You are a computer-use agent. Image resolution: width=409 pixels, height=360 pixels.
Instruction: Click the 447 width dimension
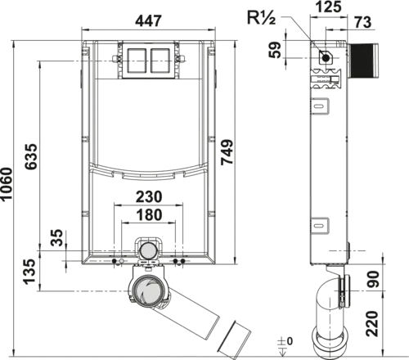(149, 20)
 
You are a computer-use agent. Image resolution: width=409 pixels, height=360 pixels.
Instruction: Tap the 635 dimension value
(30, 156)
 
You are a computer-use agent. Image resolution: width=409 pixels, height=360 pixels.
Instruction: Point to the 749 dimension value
(227, 152)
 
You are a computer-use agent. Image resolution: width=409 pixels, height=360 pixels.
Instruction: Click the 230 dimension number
(149, 196)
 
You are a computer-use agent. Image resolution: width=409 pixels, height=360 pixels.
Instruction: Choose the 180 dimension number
(149, 214)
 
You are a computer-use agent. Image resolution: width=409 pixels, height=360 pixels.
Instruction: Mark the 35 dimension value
(57, 237)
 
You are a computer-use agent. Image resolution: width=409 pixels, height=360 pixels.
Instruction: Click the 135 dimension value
(29, 272)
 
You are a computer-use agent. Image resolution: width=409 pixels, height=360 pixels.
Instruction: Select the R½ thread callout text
(261, 18)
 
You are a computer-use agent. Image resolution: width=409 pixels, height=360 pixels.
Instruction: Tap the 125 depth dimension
(329, 7)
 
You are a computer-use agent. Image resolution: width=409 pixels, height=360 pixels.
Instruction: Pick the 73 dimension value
(363, 22)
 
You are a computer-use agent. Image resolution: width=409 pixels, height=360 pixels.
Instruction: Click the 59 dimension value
(275, 49)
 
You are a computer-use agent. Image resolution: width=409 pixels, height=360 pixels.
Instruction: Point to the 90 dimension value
(373, 279)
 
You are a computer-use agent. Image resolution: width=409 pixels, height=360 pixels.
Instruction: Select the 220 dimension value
(372, 323)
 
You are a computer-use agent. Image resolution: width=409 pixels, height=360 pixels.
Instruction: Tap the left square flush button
(137, 61)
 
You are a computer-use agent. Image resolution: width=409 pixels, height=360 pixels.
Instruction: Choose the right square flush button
(160, 61)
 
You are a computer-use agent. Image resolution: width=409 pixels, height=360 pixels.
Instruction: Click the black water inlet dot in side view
(326, 58)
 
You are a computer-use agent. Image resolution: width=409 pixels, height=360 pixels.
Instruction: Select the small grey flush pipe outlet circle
(148, 250)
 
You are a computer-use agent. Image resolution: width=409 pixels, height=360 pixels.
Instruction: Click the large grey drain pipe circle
(148, 291)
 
